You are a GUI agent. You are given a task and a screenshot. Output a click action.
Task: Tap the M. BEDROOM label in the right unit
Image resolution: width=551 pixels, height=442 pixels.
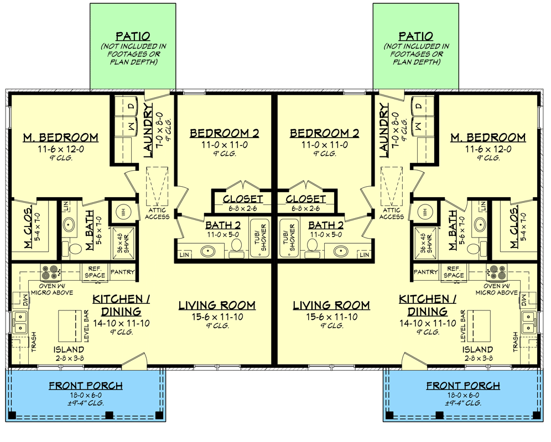pos(487,138)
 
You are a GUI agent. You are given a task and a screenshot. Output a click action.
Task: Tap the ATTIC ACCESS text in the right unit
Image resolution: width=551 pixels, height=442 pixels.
pos(391,213)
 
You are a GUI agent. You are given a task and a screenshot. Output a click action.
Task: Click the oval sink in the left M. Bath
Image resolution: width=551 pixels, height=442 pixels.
pos(69,225)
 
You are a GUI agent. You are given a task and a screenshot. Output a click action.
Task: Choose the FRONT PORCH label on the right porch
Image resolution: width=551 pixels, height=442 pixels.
pos(463,386)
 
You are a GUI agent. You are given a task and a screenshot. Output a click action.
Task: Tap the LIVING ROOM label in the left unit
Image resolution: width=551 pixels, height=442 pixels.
pos(217,305)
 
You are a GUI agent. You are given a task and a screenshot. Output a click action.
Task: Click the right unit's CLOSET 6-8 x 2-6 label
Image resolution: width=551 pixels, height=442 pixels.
pos(306,199)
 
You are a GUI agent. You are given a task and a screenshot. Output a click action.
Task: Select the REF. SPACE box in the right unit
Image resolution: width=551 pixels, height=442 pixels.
pos(454,272)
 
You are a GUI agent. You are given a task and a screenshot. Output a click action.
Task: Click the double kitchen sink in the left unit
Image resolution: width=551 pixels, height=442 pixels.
pos(20,322)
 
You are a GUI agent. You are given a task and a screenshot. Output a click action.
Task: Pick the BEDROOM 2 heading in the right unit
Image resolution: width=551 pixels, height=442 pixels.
pos(324,133)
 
